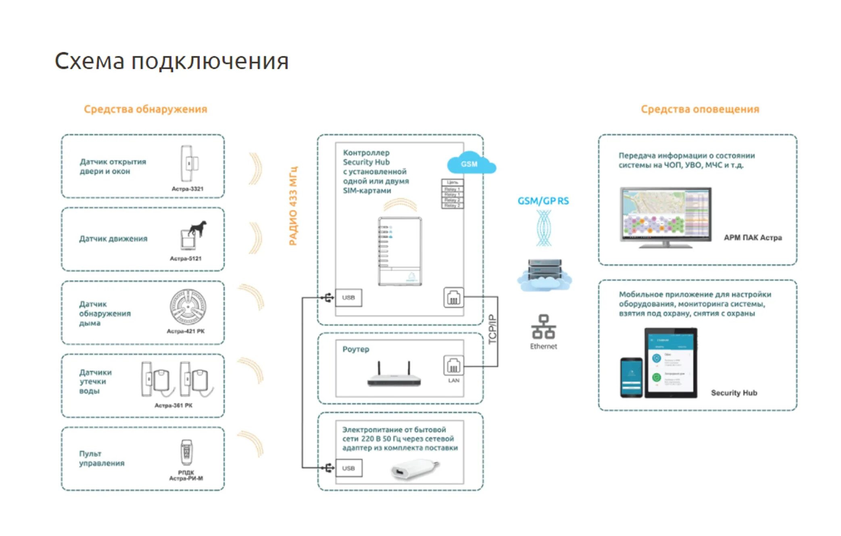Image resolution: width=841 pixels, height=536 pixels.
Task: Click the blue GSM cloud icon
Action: point(471,163)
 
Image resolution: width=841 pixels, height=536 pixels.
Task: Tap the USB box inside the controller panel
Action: point(348,298)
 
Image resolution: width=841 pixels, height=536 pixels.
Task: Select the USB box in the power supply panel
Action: point(348,468)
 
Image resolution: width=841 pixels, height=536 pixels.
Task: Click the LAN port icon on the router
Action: point(453,366)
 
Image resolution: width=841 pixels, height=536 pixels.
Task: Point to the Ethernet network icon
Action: point(543,327)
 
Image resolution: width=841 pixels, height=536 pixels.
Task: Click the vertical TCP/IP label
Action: point(492,329)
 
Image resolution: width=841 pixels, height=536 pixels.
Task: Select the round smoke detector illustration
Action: point(188,307)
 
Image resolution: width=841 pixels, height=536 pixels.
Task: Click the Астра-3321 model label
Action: point(188,189)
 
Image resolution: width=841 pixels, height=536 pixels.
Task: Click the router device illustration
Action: point(394,375)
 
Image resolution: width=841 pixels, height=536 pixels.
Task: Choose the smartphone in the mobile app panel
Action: point(631,377)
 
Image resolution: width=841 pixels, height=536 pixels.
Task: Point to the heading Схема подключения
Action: point(171,61)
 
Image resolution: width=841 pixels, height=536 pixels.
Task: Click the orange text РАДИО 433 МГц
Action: point(293,205)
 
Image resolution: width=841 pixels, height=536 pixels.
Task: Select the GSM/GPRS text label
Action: point(543,201)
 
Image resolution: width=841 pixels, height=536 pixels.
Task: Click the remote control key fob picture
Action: point(186,452)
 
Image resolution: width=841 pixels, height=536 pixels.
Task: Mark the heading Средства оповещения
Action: point(700,109)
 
